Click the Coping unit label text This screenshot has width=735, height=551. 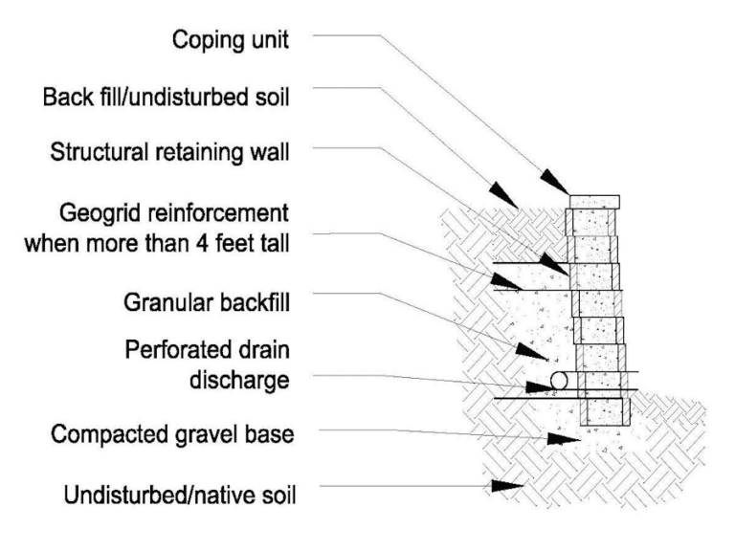point(231,40)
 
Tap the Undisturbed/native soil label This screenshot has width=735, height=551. point(180,497)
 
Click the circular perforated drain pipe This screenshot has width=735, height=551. point(558,381)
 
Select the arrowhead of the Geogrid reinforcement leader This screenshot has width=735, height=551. point(504,280)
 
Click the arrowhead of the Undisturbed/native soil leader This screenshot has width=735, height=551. point(503,487)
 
